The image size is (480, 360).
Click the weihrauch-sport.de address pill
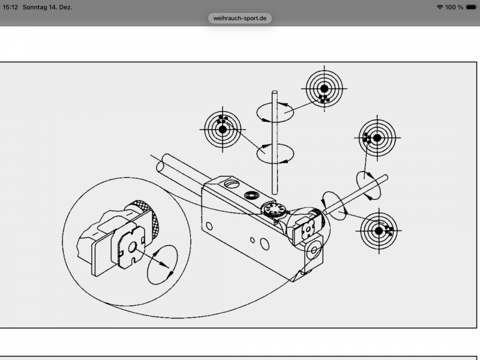(x=239, y=18)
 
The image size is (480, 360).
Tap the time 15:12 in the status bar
(x=10, y=7)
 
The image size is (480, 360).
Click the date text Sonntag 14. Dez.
(x=47, y=7)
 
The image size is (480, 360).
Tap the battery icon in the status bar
(x=472, y=7)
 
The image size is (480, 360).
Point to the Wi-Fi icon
(x=440, y=7)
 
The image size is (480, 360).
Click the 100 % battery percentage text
(x=454, y=7)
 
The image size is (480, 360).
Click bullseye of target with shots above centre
(x=223, y=130)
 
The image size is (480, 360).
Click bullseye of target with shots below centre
(x=324, y=89)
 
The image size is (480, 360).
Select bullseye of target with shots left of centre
(x=377, y=138)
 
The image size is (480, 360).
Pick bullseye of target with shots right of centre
(x=379, y=231)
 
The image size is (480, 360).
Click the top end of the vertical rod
(x=275, y=92)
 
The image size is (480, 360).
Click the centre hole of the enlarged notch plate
(x=132, y=247)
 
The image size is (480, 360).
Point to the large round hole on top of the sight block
(x=232, y=184)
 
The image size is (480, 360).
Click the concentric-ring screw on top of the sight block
(x=251, y=196)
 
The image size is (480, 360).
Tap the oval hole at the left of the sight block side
(x=209, y=226)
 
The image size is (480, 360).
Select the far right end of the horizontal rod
(x=386, y=177)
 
